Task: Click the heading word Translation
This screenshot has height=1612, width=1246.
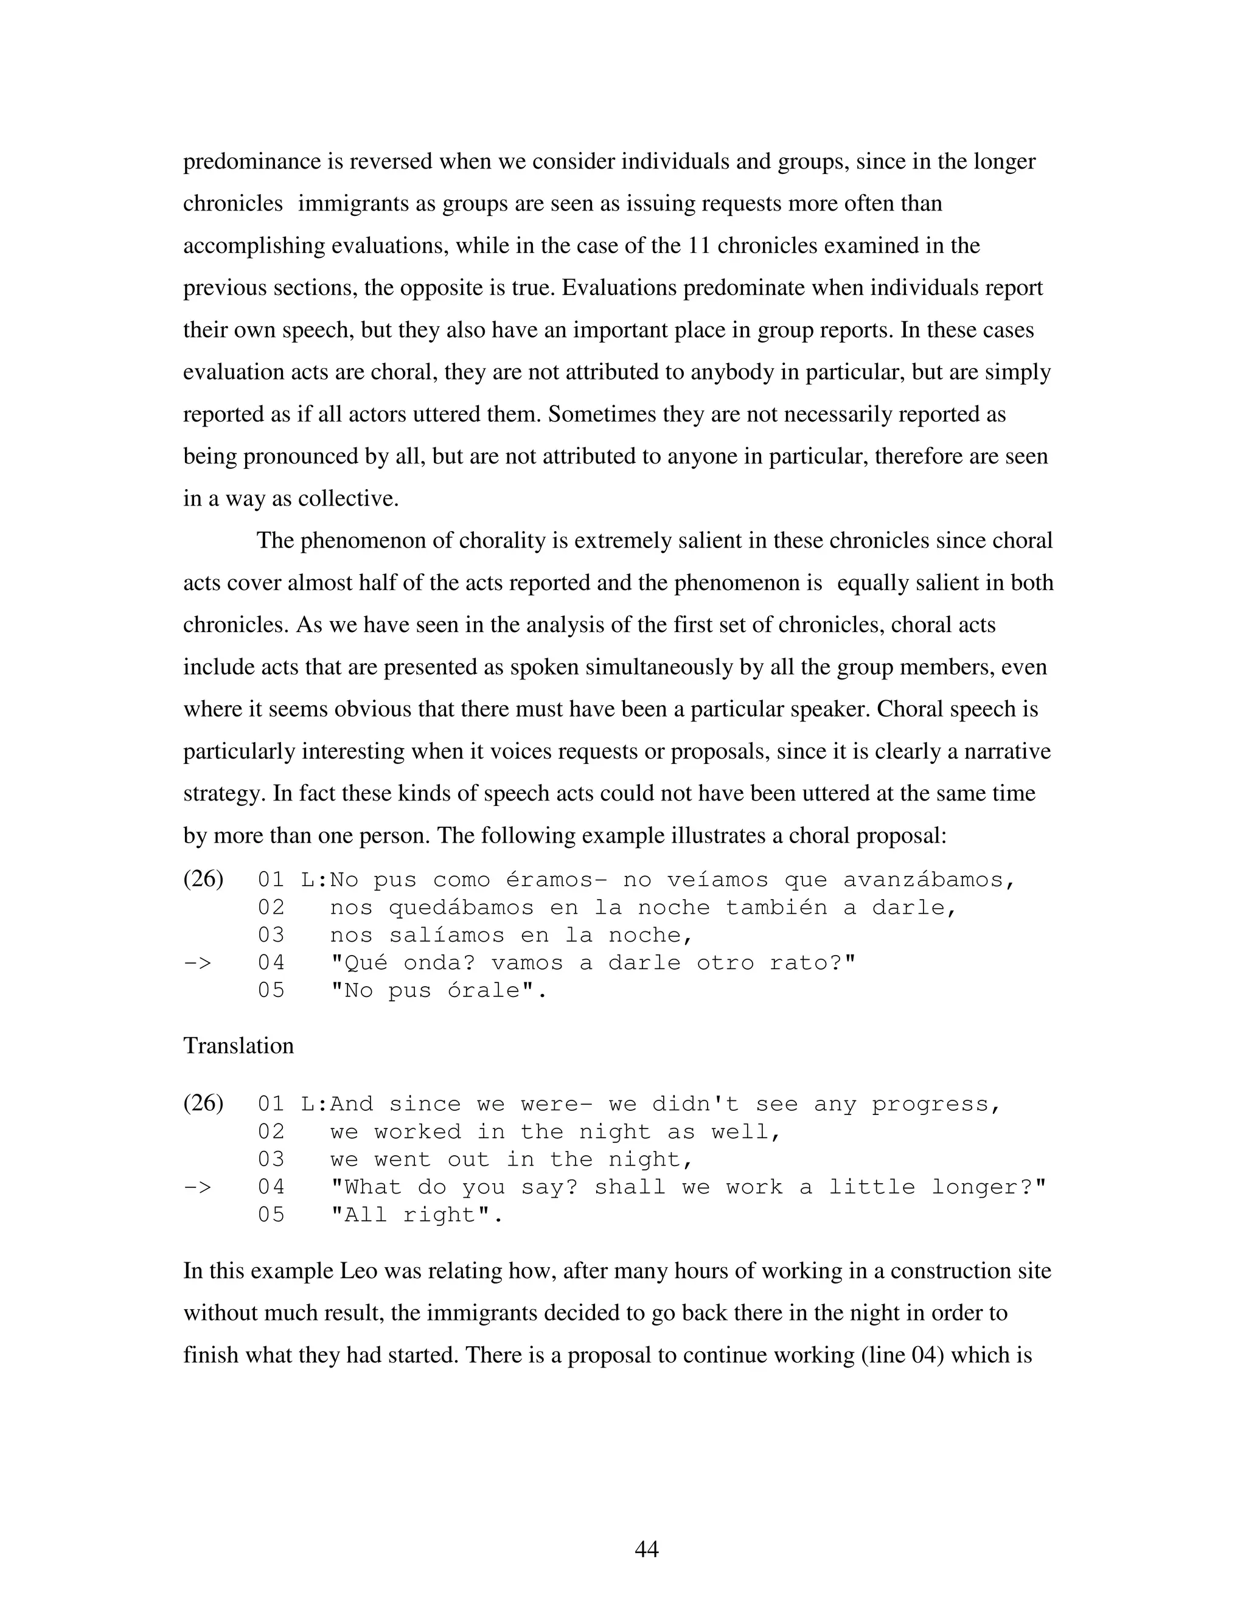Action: [238, 1046]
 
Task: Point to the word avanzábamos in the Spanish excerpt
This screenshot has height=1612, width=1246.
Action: [928, 881]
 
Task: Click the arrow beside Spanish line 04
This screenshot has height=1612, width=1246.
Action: [197, 963]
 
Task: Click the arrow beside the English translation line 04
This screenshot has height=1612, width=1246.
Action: [197, 1187]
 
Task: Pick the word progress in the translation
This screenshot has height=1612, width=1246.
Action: [935, 1105]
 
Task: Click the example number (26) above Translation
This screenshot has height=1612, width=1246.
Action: [203, 879]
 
